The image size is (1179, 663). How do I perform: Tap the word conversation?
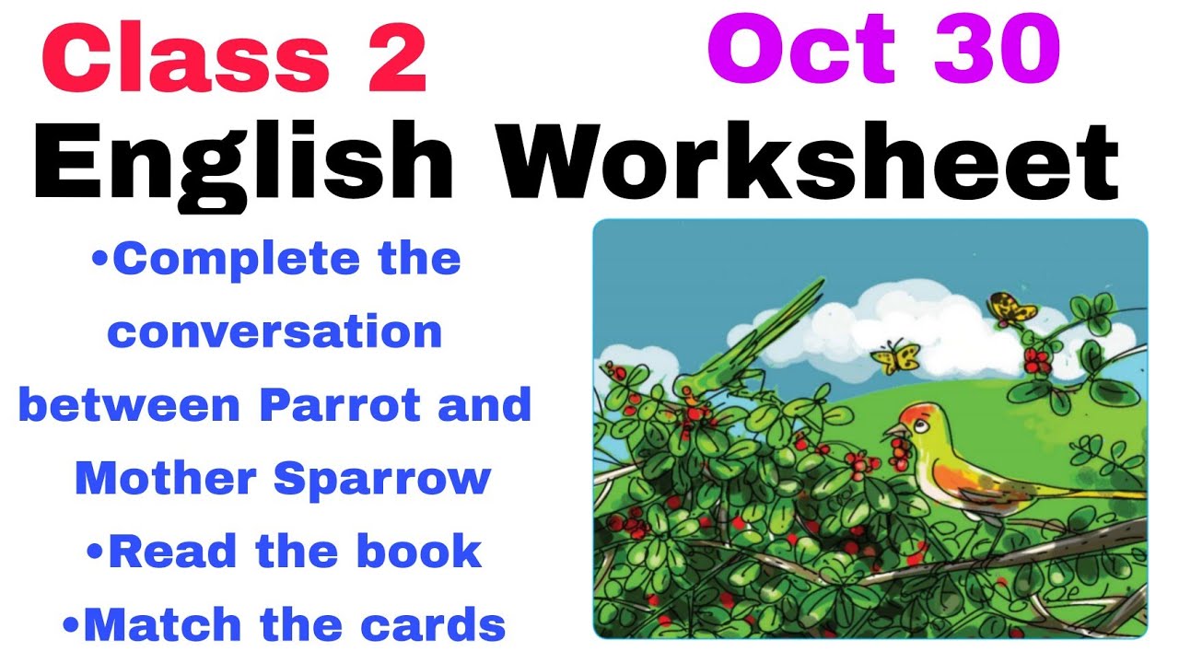point(274,331)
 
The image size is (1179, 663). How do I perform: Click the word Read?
point(177,552)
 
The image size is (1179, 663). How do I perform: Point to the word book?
point(420,552)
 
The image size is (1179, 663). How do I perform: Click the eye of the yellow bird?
point(911,422)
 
